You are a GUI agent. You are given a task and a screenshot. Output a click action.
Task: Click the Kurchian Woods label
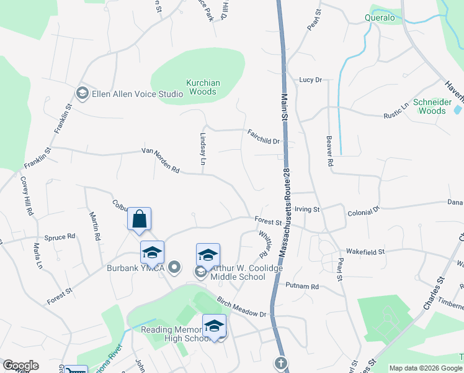pos(202,87)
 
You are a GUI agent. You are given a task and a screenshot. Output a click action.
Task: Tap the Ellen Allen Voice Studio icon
pos(82,93)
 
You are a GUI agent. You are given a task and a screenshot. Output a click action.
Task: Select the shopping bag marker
pos(140,219)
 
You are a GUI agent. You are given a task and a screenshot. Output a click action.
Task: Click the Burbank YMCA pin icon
pos(175,268)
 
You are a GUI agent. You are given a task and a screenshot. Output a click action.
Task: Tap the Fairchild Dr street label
pos(264,137)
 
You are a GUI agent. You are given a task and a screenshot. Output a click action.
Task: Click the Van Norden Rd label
pos(160,160)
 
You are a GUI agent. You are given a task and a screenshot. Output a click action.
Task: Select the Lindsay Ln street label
pos(203,148)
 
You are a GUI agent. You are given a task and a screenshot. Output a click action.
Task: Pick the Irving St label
pos(307,210)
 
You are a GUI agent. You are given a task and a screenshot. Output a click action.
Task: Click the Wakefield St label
pos(365,252)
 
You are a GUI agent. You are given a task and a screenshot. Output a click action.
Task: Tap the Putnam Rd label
pos(302,286)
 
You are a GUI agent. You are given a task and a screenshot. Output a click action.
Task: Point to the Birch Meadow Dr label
pos(241,307)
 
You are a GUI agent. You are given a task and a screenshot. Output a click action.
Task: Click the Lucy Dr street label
pos(311,80)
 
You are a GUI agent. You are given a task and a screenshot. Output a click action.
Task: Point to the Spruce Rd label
pos(60,237)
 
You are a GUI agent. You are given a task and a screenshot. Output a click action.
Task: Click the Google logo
pos(20,366)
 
